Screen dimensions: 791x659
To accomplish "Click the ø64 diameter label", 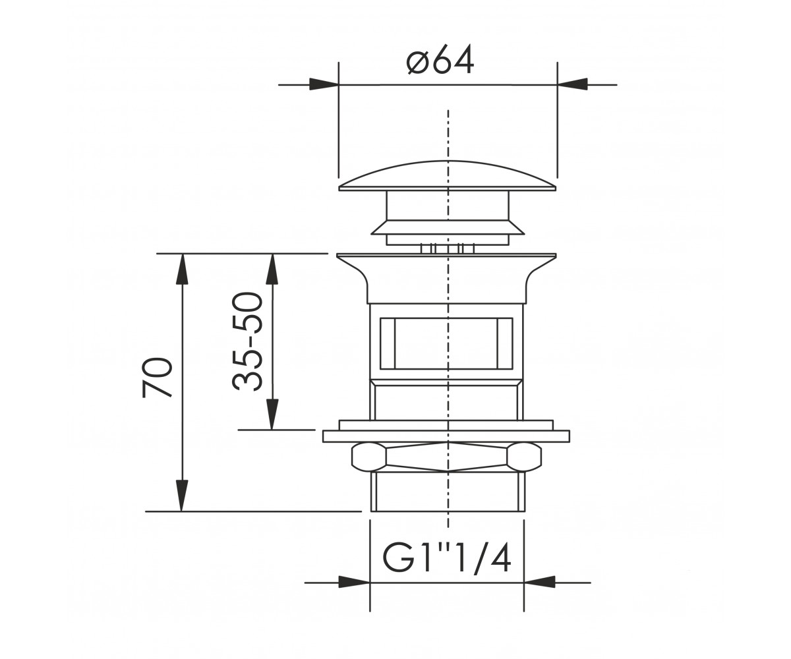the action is point(440,60).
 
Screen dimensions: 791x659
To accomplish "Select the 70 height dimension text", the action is point(157,378).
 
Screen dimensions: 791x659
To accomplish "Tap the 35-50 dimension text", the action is point(247,341).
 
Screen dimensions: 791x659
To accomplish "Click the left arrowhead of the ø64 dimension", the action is point(324,84).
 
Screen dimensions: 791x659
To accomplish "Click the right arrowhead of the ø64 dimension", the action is point(572,84).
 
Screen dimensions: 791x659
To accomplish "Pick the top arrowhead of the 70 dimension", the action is point(182,268).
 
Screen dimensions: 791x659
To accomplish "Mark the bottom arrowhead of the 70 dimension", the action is point(182,496).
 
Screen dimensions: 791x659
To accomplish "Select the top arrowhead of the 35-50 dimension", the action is point(272,268).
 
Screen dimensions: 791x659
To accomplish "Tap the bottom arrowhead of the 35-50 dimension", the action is point(272,415).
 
